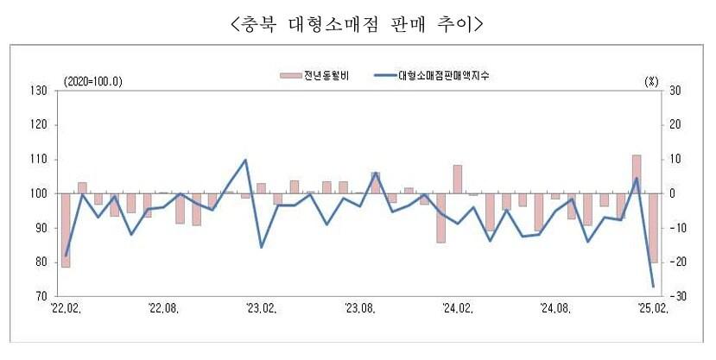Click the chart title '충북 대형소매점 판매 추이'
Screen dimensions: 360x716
[358, 25]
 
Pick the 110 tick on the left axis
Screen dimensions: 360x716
[38, 160]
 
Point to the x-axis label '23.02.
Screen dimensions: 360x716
[262, 307]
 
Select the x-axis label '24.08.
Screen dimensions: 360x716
[554, 307]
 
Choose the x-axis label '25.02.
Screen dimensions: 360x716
[652, 307]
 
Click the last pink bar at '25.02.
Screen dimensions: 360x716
[653, 228]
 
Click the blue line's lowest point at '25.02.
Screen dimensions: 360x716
[653, 286]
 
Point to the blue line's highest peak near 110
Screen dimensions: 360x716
[245, 160]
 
